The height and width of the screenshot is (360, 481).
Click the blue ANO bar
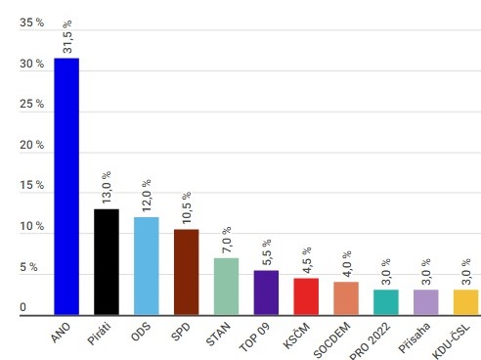[x=66, y=186]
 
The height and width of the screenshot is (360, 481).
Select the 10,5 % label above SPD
[x=187, y=206]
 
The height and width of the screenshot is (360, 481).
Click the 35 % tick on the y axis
[x=31, y=23]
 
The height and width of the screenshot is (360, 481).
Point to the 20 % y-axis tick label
[x=31, y=145]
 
